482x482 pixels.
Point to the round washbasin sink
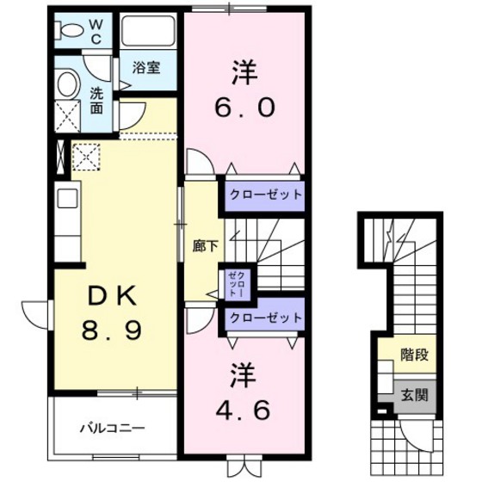(68, 83)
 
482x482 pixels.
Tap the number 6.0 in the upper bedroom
(244, 108)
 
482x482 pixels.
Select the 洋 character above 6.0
(244, 72)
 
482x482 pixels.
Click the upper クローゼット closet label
(265, 194)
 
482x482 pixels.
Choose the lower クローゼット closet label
(265, 317)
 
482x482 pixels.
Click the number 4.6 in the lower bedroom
(244, 408)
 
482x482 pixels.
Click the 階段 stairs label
(415, 354)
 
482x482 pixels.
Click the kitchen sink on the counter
(65, 204)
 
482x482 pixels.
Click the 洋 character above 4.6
(244, 374)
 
